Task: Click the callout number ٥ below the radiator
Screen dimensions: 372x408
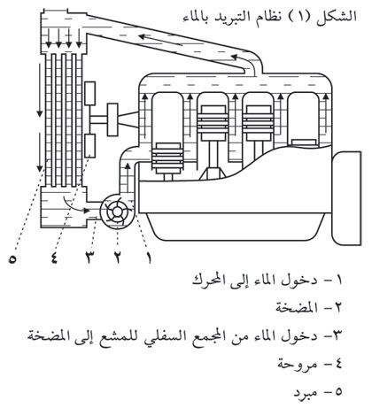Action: (x=12, y=258)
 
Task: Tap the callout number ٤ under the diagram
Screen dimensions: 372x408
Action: (x=54, y=258)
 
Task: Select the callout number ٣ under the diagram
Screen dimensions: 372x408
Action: (x=89, y=258)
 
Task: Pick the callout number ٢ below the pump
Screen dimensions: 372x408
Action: (x=118, y=258)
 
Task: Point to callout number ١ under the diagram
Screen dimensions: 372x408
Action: (x=149, y=258)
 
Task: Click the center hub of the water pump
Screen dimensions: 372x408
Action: (x=118, y=212)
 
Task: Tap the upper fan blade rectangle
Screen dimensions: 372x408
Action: (x=89, y=94)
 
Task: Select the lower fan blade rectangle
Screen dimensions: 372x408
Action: (x=89, y=146)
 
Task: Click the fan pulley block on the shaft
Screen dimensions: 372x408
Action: (x=112, y=119)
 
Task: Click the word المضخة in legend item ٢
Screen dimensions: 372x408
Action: (x=297, y=308)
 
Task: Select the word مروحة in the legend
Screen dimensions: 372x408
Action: (x=298, y=365)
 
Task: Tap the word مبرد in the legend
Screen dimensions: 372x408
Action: (x=306, y=392)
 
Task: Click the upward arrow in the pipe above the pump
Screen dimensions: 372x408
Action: (x=128, y=178)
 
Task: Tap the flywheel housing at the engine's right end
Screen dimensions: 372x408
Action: (x=346, y=198)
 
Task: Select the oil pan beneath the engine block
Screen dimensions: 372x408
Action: (x=236, y=227)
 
